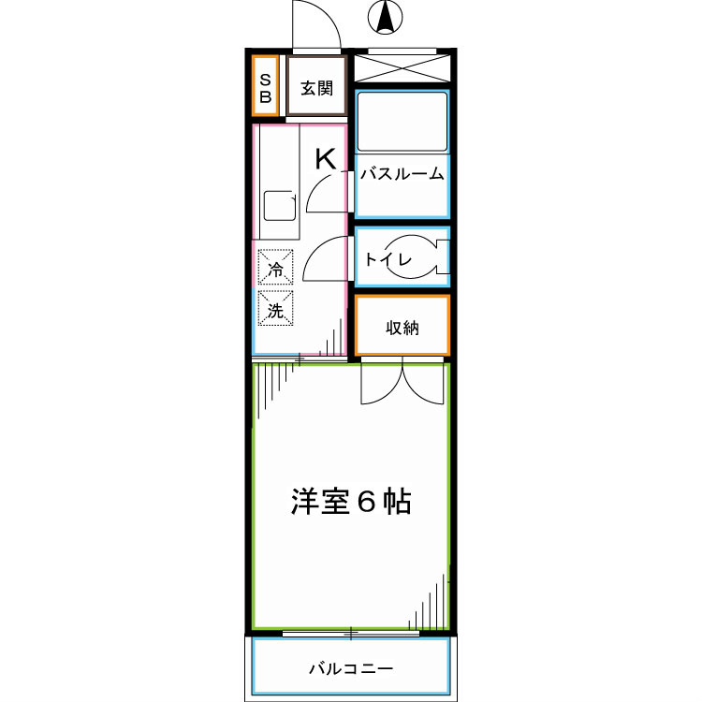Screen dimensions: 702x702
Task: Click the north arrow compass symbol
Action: [x=384, y=16]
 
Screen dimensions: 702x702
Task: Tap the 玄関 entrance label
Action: [x=316, y=89]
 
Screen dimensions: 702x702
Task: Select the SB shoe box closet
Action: [x=266, y=87]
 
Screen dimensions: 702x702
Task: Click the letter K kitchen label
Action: [x=325, y=159]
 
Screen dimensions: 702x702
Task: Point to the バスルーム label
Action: [x=402, y=174]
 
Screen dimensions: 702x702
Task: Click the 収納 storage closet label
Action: [x=402, y=328]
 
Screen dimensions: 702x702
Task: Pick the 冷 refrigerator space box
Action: [x=275, y=269]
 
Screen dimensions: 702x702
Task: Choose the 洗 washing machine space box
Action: [x=275, y=308]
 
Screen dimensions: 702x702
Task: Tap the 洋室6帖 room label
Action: [x=350, y=503]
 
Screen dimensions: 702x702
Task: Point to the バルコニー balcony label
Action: [x=351, y=669]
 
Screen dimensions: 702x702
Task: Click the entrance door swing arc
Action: [x=315, y=26]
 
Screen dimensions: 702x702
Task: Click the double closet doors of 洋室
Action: [x=402, y=382]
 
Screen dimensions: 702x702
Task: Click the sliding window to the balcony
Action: [x=351, y=634]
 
